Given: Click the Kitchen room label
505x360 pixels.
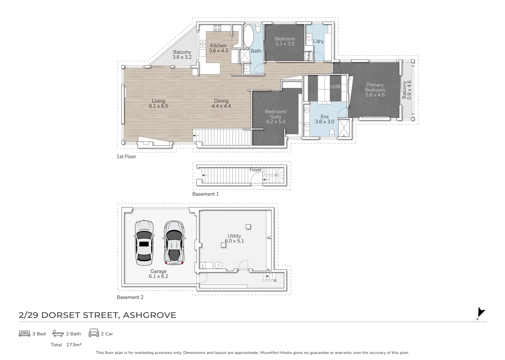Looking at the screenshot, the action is pos(218,46).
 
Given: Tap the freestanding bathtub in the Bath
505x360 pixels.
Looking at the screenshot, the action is pos(249,36).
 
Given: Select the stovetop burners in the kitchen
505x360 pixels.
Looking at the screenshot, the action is pos(217,28).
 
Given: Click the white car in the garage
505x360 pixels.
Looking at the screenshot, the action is pos(144,243).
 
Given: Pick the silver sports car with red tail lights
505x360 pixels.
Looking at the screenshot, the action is pos(174,242).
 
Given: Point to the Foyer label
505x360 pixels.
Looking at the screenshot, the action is pos(255,170).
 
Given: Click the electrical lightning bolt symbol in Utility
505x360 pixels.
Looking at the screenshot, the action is pos(219,265).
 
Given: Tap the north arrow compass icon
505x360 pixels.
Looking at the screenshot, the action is pos(481,313).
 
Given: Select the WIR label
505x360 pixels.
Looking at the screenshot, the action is pos(335,87).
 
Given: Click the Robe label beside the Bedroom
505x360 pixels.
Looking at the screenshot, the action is pos(309,56).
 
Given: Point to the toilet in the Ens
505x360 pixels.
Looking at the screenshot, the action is pos(332,133).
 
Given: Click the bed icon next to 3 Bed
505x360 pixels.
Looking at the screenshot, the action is pos(24,334).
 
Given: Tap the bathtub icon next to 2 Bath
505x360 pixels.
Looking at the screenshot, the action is pos(58,333).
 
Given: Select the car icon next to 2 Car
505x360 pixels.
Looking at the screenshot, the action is pos(94,333).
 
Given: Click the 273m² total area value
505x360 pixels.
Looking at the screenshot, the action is pos(74,345).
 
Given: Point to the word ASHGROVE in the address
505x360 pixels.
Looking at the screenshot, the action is pos(150,315).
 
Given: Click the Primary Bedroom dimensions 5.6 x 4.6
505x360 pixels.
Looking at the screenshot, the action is pos(375,95).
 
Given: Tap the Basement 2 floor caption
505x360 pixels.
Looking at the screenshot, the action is pos(130,297).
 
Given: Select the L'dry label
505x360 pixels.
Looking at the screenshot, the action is pos(318,41).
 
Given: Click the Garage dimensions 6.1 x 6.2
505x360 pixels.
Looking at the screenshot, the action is pos(159,276).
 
